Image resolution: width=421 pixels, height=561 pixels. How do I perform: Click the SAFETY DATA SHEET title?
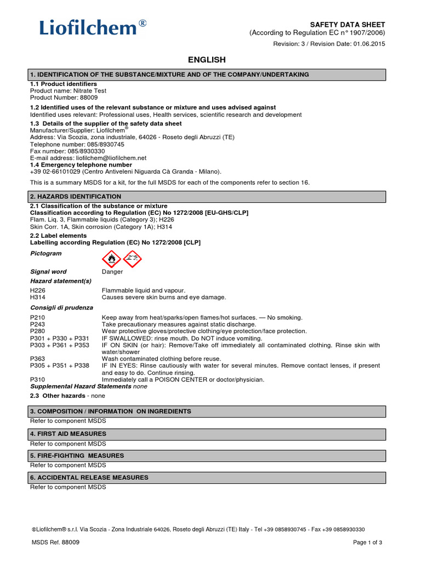pos(348,25)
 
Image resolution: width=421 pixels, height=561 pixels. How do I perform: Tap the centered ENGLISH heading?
pos(207,60)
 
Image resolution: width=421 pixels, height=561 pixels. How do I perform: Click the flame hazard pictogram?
pos(111,257)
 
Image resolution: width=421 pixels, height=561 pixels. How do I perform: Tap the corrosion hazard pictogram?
pos(132,257)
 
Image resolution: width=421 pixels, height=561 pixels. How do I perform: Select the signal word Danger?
pos(112,272)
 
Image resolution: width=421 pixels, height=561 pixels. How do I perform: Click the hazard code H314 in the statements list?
pos(37,297)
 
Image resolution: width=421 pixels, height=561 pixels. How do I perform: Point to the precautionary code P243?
pos(37,324)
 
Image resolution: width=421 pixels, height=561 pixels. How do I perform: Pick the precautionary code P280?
pos(37,331)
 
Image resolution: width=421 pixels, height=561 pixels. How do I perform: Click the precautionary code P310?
pos(37,379)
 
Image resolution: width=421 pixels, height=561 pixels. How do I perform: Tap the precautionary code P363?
pos(37,358)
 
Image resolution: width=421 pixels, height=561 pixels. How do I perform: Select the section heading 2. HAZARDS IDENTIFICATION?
pos(76,196)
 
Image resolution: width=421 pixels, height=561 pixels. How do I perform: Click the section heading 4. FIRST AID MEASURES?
pos(68,433)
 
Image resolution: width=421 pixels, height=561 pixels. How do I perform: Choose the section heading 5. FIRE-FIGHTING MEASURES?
pos(77,455)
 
